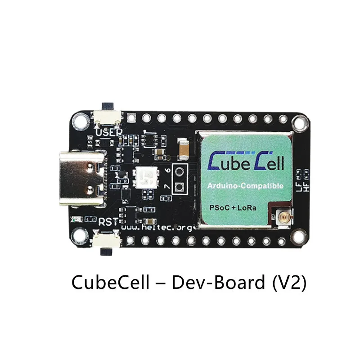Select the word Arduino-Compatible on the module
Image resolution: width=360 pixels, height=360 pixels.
244,186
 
